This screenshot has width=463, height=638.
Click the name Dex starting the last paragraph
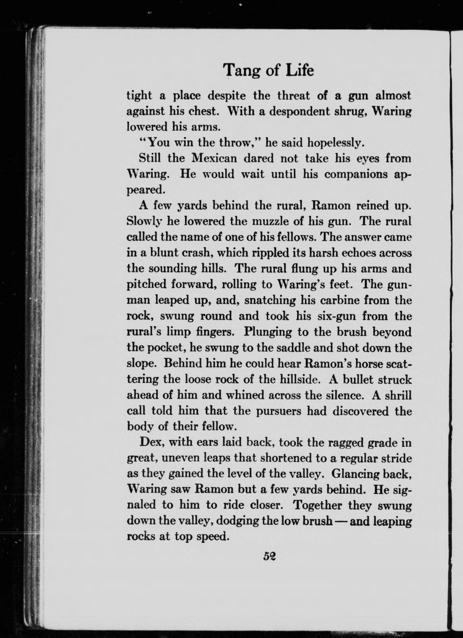(150, 443)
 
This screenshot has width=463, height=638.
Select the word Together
(317, 506)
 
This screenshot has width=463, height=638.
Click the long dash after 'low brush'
(340, 521)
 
